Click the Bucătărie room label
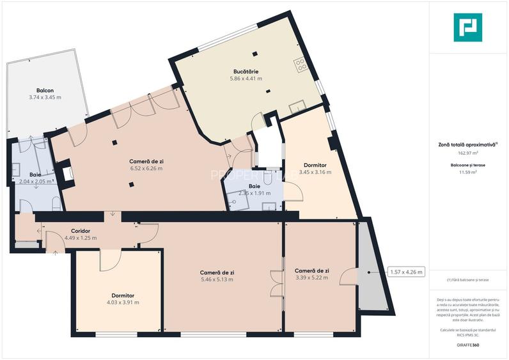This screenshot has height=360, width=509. coord(246,71)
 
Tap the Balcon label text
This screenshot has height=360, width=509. coord(45,90)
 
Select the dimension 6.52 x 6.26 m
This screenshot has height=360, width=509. coord(146,169)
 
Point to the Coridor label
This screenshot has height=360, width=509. coord(81,230)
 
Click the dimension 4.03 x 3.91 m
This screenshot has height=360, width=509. coord(122,302)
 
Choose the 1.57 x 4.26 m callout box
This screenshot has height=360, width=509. coord(405,272)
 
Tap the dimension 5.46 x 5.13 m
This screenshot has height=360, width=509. coord(217,279)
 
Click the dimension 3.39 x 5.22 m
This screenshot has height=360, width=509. coord(312,278)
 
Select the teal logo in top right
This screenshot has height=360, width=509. coord(469,27)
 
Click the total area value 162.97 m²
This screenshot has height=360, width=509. coord(468,153)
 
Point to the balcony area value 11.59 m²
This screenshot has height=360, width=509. coord(468,172)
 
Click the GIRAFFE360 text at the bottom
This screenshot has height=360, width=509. coord(468,345)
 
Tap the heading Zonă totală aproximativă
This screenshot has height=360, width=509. coord(467,145)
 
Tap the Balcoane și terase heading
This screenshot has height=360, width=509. coord(468,165)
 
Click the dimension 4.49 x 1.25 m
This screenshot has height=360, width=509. coord(81,238)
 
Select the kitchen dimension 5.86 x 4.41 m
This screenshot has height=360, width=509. coord(246,79)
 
